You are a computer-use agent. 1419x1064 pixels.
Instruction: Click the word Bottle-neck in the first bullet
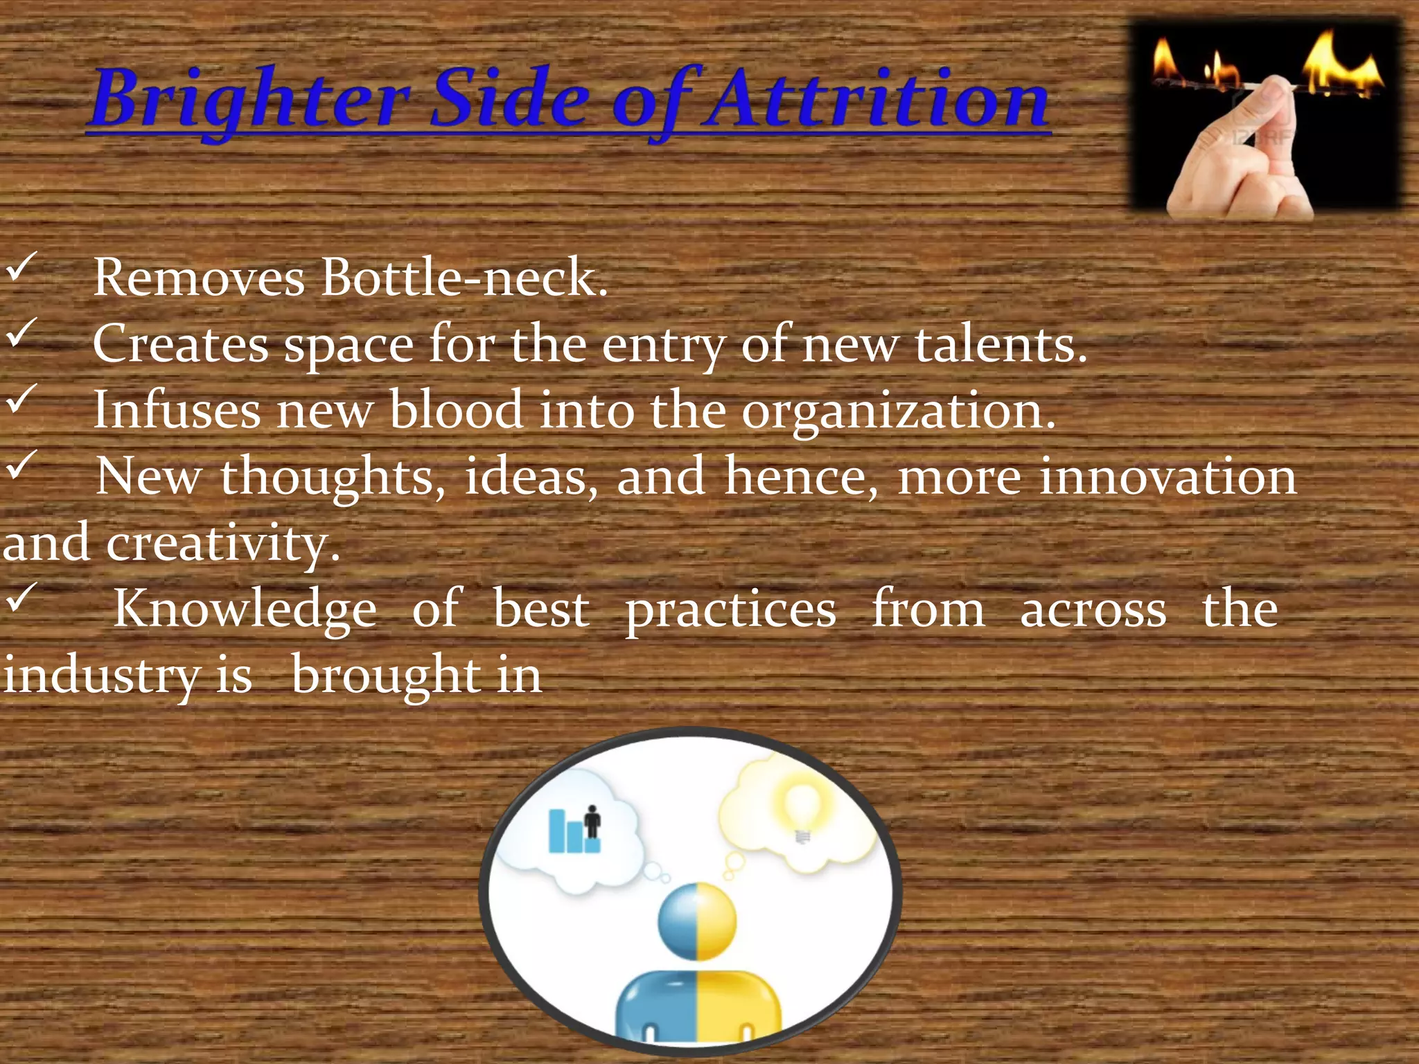pyautogui.click(x=464, y=278)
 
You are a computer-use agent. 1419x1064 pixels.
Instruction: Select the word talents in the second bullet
pyautogui.click(x=1001, y=344)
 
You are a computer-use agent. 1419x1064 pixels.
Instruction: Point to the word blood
pyautogui.click(x=455, y=410)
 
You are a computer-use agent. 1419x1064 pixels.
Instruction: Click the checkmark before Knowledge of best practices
pyautogui.click(x=21, y=597)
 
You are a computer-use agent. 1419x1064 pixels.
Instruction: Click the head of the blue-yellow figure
pyautogui.click(x=696, y=921)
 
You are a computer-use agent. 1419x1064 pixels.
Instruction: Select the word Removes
pyautogui.click(x=199, y=278)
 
